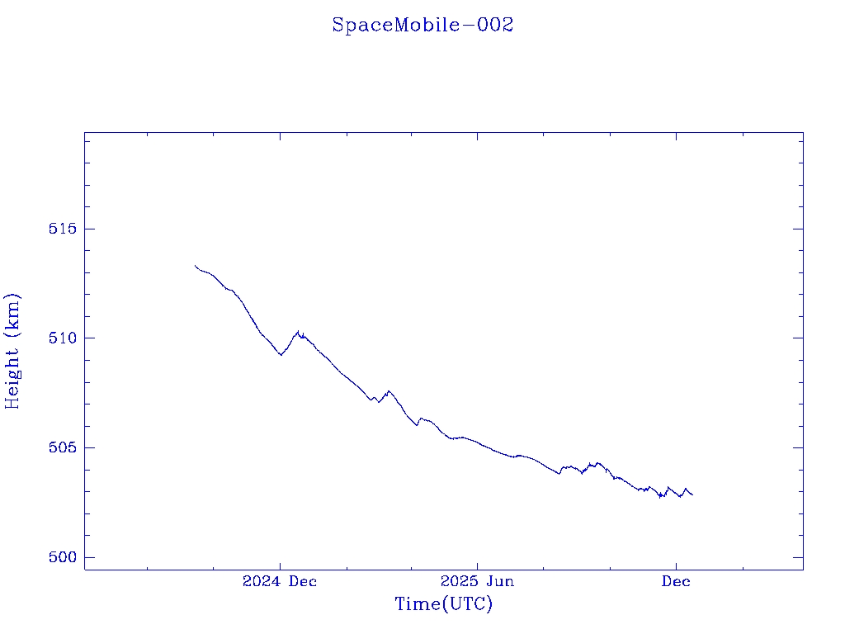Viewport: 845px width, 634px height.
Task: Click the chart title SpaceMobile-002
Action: tap(422, 25)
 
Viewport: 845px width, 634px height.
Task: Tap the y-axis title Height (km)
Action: tap(12, 351)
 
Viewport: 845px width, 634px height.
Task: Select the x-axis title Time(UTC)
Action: tap(443, 604)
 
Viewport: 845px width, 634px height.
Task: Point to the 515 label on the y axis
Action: tap(62, 229)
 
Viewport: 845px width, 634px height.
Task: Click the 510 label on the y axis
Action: tap(62, 338)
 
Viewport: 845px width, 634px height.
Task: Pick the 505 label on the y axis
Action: tap(62, 447)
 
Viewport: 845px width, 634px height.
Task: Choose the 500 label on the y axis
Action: tap(62, 557)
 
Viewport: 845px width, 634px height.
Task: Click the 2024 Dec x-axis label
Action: tap(280, 581)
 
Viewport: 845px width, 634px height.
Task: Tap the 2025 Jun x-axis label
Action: tap(477, 581)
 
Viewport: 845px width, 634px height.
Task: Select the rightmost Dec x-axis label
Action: tap(676, 581)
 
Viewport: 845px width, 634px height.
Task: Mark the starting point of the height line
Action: tap(196, 265)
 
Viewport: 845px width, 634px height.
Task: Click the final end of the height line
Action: tap(692, 494)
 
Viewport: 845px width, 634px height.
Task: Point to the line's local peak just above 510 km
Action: tap(298, 332)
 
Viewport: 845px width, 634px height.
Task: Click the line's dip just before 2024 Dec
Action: tap(281, 355)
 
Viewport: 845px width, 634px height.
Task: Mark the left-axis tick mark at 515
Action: tap(88, 229)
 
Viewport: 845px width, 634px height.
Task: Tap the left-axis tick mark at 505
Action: tap(88, 447)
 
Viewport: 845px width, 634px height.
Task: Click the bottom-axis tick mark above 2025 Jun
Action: tap(477, 565)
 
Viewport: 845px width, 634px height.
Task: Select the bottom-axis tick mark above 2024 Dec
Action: tap(280, 565)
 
